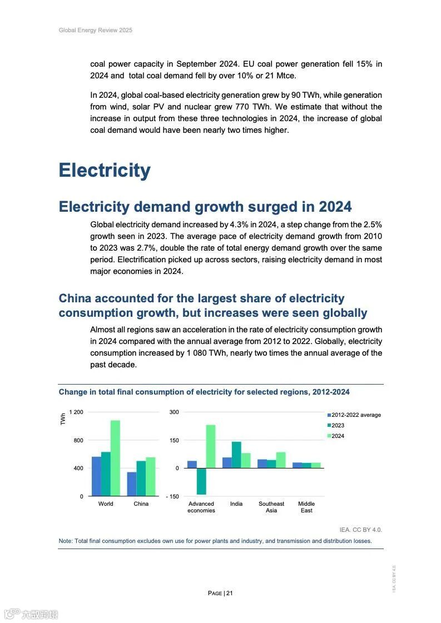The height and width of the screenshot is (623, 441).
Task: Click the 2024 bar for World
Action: click(115, 458)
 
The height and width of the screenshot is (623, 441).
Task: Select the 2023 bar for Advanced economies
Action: click(201, 481)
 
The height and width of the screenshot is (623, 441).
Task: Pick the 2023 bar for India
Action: click(236, 455)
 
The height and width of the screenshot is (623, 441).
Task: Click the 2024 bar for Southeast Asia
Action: click(281, 460)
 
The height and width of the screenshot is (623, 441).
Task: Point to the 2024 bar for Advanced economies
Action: click(211, 446)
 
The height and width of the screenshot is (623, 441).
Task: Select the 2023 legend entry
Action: click(338, 426)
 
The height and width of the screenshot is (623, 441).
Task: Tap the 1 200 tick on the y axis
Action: click(76, 412)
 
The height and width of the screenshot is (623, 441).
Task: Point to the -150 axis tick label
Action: click(172, 497)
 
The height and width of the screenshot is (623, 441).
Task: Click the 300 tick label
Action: click(174, 412)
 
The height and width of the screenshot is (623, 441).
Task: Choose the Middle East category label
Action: click(306, 507)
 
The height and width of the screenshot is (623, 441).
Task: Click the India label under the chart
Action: click(236, 504)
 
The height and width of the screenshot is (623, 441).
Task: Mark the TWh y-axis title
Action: click(63, 420)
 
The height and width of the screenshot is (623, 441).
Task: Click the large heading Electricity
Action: click(105, 170)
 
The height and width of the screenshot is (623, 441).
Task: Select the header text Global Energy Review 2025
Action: click(96, 31)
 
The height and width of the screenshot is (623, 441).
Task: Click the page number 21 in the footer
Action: click(229, 593)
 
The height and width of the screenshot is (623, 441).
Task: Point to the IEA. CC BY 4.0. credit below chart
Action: click(360, 530)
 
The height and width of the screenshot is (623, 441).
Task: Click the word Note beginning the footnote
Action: click(66, 541)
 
